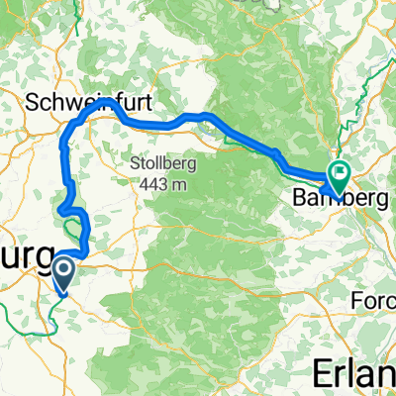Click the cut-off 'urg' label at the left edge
pos(22,254)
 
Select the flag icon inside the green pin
pos(339,172)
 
